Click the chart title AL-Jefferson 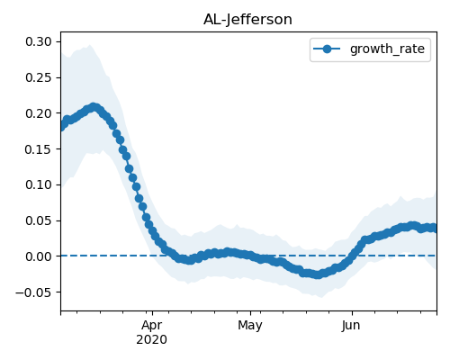click(x=247, y=20)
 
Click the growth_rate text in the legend click(x=387, y=49)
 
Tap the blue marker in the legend click(x=327, y=49)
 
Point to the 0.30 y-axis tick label click(x=39, y=41)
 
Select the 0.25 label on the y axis click(x=39, y=77)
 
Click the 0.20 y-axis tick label click(x=39, y=113)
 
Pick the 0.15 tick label click(x=39, y=149)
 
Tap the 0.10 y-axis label click(x=39, y=184)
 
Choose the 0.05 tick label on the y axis click(x=39, y=220)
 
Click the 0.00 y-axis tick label click(x=39, y=256)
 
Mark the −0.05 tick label click(x=33, y=292)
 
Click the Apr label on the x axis click(x=152, y=326)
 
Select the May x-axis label click(x=250, y=326)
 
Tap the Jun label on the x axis click(x=351, y=326)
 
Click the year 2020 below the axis click(x=151, y=340)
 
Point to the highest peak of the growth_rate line click(x=94, y=107)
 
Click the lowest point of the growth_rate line click(x=318, y=274)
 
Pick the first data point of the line click(x=62, y=126)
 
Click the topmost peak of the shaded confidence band click(x=90, y=45)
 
